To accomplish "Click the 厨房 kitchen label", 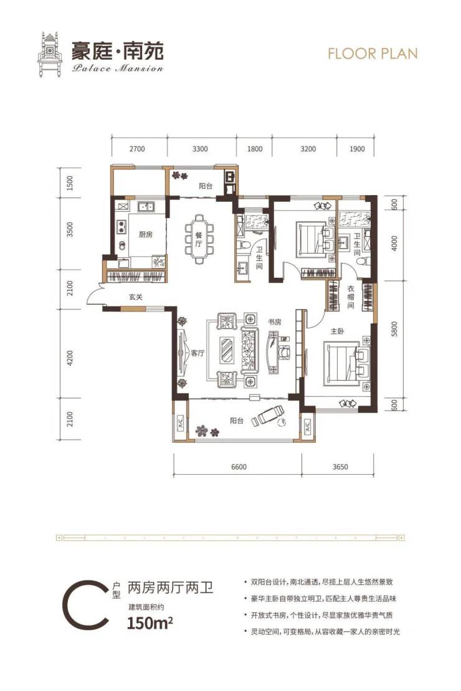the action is (x=145, y=234).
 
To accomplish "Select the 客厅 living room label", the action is (x=198, y=353).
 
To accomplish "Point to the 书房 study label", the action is (x=274, y=322).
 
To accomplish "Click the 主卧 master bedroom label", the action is (x=337, y=330).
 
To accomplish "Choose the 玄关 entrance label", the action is (x=136, y=297).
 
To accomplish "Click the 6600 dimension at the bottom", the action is (x=239, y=467).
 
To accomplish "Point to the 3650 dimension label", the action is (x=340, y=467).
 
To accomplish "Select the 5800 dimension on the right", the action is (x=394, y=329).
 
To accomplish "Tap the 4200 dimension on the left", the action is (x=70, y=358).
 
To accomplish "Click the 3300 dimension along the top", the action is (x=199, y=149).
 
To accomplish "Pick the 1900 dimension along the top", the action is (x=357, y=149).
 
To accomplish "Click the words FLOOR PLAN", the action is (x=373, y=54).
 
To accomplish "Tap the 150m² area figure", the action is (x=150, y=623).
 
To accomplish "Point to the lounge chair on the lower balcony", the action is (x=267, y=415).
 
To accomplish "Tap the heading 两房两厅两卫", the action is (x=170, y=588).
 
